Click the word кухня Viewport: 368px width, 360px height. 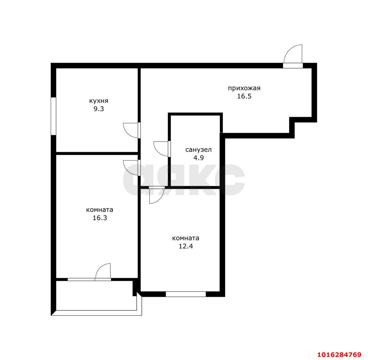(99, 101)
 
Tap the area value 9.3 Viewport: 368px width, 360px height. (99, 109)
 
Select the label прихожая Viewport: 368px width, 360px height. (244, 88)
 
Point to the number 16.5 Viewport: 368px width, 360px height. (244, 96)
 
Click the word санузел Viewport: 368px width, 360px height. (198, 150)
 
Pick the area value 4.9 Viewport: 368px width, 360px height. (199, 158)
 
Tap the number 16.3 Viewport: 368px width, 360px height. (100, 218)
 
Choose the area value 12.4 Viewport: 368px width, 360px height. (186, 246)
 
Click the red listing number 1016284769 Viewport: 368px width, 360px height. (340, 354)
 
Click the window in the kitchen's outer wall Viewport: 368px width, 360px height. (53, 116)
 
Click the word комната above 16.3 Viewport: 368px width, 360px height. (100, 210)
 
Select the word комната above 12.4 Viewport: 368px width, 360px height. (185, 238)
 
